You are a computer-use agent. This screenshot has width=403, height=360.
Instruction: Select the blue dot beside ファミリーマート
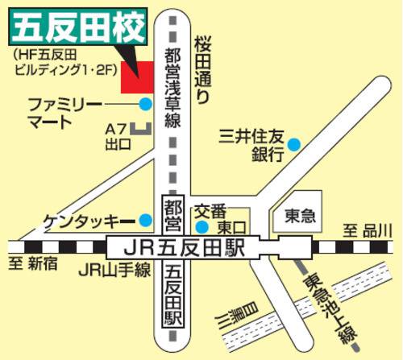click(x=145, y=104)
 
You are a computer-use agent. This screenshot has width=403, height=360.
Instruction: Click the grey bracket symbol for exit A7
click(x=143, y=127)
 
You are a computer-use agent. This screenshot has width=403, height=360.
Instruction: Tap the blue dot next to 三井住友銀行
click(x=294, y=145)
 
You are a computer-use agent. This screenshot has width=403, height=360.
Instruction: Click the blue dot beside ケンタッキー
click(x=146, y=220)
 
